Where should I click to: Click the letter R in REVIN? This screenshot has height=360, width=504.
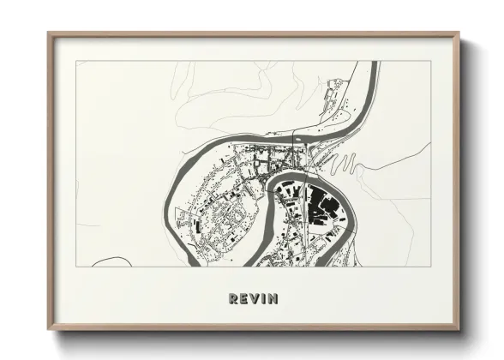click(233, 298)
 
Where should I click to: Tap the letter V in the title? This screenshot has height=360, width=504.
click(254, 298)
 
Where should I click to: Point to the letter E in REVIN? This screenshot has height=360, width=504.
click(243, 298)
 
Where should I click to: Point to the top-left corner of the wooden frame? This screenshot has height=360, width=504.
click(50, 34)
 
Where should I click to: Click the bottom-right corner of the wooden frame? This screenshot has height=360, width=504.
click(458, 328)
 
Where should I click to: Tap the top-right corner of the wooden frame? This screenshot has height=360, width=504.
click(458, 34)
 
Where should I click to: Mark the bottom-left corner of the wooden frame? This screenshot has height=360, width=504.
click(50, 328)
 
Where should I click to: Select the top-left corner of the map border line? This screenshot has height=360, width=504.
click(76, 61)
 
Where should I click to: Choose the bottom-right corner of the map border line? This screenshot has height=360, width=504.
click(430, 267)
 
